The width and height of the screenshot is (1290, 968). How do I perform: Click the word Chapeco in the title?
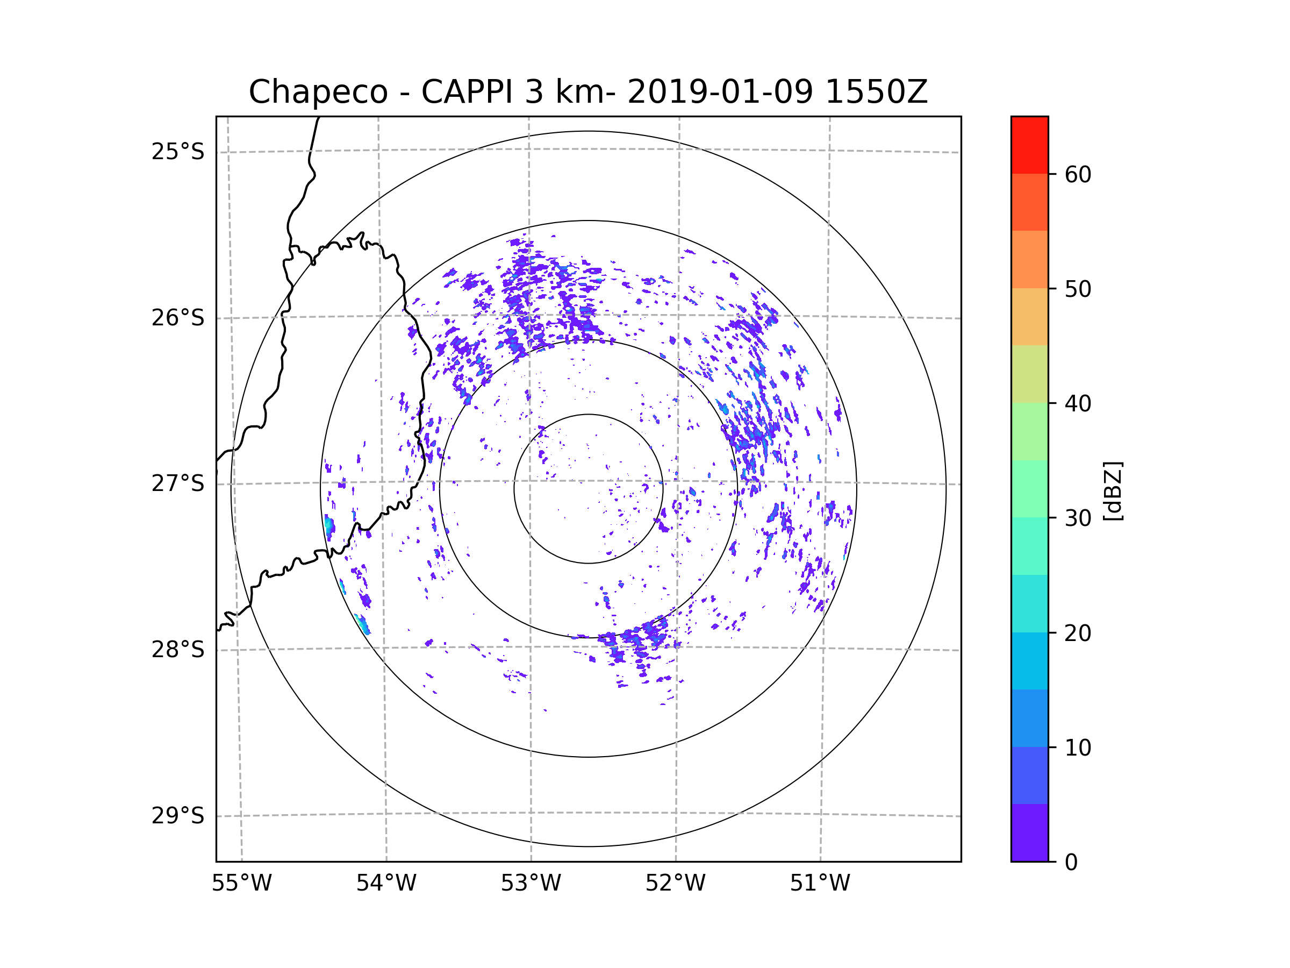click(x=318, y=92)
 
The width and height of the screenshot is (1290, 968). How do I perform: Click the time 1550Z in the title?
click(x=876, y=92)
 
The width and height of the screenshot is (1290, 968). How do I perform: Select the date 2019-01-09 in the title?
click(x=720, y=92)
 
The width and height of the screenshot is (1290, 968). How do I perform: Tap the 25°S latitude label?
click(x=178, y=152)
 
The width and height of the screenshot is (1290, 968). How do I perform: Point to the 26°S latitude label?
click(x=178, y=318)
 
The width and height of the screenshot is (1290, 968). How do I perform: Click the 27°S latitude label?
click(x=178, y=483)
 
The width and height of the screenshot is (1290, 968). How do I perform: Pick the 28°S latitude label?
click(x=178, y=650)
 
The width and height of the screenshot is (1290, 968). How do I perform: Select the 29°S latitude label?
click(x=178, y=816)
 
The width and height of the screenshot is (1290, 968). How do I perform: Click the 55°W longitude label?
click(x=241, y=884)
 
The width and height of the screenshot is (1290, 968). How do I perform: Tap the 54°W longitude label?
click(x=386, y=884)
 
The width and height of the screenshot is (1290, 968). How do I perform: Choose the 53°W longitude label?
click(x=531, y=884)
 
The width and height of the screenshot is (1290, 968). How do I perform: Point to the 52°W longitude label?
click(x=675, y=884)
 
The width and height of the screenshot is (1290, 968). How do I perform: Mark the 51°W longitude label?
click(x=820, y=884)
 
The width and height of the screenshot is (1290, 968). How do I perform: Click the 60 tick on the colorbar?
click(x=1078, y=174)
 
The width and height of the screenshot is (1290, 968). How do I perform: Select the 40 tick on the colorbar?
click(x=1078, y=404)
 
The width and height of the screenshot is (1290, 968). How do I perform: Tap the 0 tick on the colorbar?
click(x=1071, y=863)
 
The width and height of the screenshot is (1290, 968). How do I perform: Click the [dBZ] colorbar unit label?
click(x=1113, y=490)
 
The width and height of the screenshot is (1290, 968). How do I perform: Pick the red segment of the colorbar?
click(x=1029, y=145)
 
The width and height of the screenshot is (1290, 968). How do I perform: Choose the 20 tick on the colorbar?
click(x=1078, y=633)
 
